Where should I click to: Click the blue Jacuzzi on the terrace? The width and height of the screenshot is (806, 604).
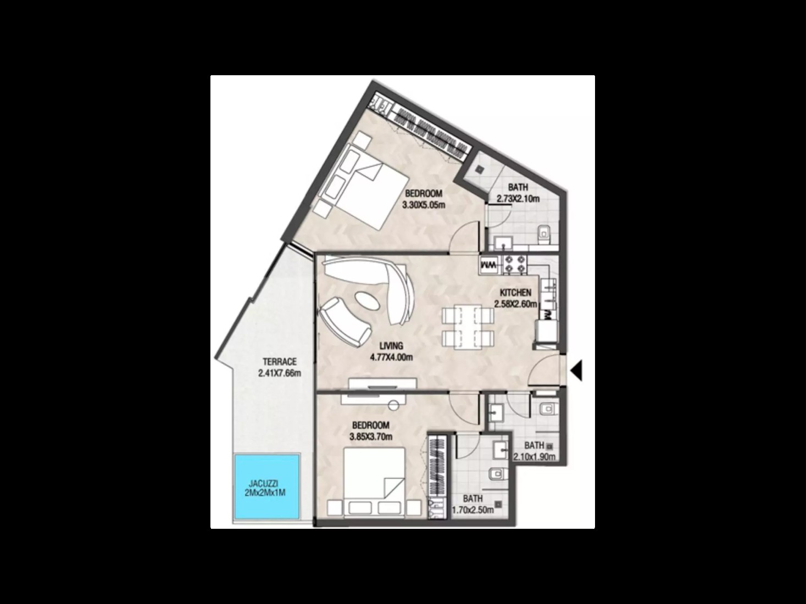267,486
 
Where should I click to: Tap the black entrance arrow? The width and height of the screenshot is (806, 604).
576,371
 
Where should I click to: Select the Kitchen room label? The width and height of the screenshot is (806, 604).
515,293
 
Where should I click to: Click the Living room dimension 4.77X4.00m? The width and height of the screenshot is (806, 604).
391,357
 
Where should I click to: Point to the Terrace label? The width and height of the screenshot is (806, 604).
280,362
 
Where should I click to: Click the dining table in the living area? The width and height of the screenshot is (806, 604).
468,327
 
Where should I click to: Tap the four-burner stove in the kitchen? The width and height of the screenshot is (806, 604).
514,265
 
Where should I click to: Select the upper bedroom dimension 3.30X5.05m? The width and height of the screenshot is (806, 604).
424,205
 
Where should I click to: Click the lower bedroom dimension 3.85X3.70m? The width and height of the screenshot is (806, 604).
371,437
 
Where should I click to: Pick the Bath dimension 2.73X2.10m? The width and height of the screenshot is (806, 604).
518,199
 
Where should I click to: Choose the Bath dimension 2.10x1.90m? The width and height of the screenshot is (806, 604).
534,457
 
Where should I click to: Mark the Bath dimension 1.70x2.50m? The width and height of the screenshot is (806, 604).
473,510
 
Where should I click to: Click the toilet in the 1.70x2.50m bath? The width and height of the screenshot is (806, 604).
498,474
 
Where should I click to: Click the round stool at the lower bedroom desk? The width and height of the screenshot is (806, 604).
393,405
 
